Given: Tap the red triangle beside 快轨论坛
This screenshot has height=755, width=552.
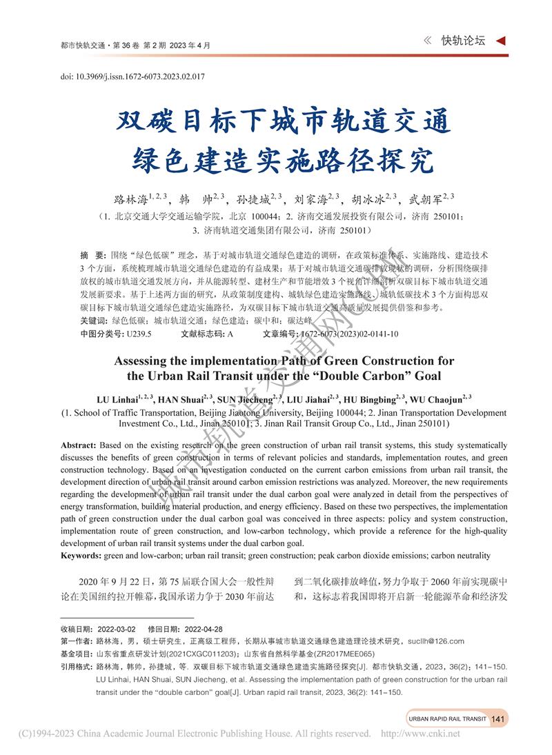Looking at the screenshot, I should tap(502, 41).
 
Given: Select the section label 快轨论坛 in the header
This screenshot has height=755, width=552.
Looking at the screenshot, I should tap(463, 41).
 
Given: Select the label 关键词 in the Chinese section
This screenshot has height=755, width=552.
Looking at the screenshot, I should tap(93, 321).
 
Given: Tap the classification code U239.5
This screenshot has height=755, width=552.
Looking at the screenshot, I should tap(138, 334).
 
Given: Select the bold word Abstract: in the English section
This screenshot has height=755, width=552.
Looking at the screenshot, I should tap(79, 445).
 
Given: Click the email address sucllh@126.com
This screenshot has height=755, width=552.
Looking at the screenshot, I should tap(435, 641).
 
